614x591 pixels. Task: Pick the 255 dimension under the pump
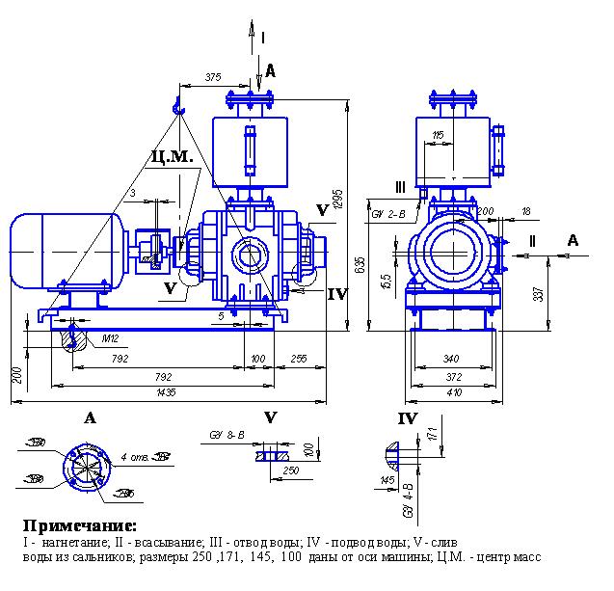299,358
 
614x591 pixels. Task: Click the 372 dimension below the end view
450,377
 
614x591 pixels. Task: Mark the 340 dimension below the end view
450,359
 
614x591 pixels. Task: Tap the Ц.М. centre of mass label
173,156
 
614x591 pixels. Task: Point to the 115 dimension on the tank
439,136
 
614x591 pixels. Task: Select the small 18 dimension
524,210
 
